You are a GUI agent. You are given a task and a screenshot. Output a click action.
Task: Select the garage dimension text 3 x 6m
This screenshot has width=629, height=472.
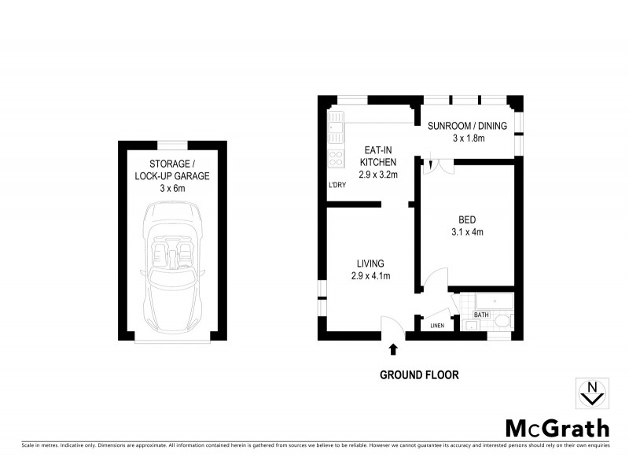172,189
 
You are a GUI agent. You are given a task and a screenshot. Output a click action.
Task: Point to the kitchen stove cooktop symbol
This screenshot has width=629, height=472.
336,158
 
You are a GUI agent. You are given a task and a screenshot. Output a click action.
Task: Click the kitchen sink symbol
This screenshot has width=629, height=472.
336,124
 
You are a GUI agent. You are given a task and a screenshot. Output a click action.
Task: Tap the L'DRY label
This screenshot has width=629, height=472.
337,186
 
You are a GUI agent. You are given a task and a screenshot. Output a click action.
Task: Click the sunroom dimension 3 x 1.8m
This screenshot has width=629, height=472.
469,138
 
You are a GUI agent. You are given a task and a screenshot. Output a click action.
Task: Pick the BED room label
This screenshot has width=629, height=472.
467,219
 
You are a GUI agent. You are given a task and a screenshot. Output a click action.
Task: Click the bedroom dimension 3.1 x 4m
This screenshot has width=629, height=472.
467,232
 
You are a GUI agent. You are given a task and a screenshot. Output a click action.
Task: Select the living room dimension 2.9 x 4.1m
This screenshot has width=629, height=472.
371,275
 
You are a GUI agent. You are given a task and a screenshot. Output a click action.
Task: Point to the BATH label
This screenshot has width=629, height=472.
480,315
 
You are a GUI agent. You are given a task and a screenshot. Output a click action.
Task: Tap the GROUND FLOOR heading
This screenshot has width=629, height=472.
419,375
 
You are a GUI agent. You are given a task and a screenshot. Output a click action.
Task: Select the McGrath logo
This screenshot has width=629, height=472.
557,428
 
